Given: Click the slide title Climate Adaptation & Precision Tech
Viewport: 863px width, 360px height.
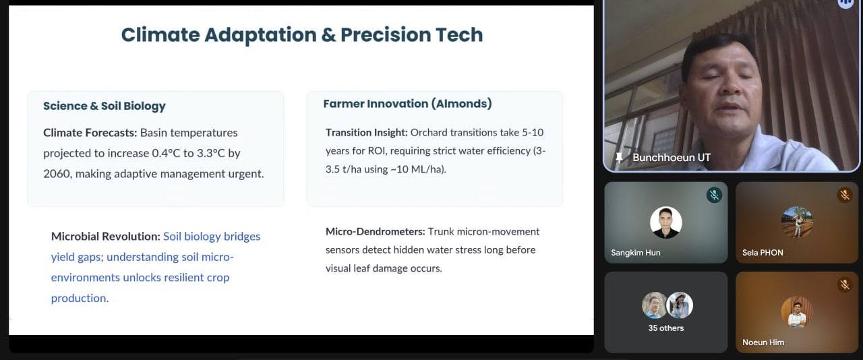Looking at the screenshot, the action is (302, 35).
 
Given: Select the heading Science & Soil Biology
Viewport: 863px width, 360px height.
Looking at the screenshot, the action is (104, 106).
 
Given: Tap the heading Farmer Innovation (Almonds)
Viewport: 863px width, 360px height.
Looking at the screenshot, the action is (408, 104).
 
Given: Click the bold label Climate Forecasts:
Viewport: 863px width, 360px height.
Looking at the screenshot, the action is (90, 133).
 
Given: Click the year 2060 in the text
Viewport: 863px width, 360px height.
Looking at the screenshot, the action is (57, 174).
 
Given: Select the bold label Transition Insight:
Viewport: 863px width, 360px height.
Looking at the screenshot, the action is (366, 133).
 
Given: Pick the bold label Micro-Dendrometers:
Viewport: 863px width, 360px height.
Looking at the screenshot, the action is (376, 232).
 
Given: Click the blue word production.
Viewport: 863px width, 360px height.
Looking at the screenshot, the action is (80, 299).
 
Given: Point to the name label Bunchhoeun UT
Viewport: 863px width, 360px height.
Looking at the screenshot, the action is (672, 157).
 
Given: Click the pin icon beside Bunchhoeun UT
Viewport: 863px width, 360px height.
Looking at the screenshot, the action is (619, 158).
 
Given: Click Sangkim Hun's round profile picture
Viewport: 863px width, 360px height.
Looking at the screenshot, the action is (665, 222).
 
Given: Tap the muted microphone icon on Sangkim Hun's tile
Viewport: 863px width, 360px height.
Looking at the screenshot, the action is (714, 195).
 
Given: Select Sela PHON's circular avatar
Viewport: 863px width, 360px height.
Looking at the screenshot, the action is (797, 222).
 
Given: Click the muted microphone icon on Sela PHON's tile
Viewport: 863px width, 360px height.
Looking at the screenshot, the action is (845, 195).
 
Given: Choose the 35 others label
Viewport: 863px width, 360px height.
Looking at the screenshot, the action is (665, 328).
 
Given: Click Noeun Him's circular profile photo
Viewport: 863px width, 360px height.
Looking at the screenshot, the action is (797, 312).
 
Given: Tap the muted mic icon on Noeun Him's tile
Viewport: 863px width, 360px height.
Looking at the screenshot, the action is (845, 285).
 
